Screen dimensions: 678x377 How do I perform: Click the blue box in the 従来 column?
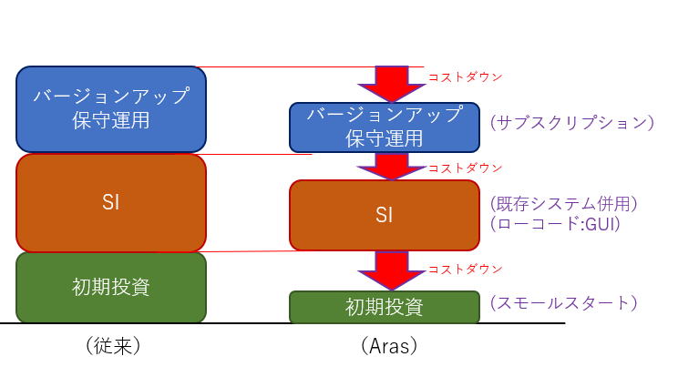111,109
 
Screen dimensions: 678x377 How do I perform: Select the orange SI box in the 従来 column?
111,202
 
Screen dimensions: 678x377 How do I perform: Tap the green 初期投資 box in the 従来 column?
111,287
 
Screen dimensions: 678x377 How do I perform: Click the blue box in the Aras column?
385,127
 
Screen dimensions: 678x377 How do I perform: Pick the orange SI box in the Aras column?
385,215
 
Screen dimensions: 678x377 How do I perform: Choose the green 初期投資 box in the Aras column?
385,307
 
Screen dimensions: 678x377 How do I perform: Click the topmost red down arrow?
392,84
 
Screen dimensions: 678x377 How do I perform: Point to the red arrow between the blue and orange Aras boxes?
392,167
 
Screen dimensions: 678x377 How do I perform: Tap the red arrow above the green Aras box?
392,270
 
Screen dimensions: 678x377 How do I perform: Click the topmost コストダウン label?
466,77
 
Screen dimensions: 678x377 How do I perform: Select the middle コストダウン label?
466,168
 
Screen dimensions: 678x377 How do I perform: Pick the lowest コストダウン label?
466,270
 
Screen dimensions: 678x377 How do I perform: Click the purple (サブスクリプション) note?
572,123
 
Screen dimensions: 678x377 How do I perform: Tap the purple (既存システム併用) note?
564,204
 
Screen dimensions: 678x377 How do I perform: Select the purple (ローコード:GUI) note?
555,224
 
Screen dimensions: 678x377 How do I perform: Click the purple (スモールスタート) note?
564,302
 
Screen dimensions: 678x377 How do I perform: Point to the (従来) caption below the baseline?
113,346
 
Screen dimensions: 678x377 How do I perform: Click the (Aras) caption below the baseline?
389,346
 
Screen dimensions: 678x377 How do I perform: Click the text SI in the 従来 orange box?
110,202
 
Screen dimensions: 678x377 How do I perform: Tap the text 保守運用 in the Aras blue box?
384,138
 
